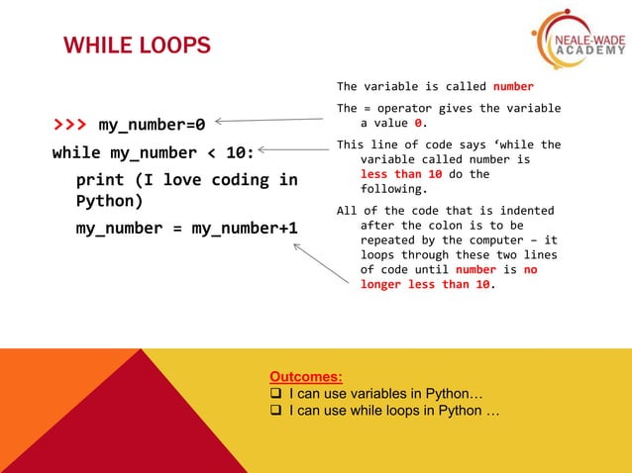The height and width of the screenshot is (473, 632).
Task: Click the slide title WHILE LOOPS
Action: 137,46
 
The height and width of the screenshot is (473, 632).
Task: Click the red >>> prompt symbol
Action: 69,126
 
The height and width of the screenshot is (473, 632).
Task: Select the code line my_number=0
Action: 152,126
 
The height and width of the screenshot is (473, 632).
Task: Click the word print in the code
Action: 100,180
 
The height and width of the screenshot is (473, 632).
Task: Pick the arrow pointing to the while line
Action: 294,150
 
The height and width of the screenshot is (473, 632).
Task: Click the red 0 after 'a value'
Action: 419,124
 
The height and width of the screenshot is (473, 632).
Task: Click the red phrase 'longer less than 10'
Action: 425,285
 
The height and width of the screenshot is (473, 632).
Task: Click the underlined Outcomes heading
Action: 306,376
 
